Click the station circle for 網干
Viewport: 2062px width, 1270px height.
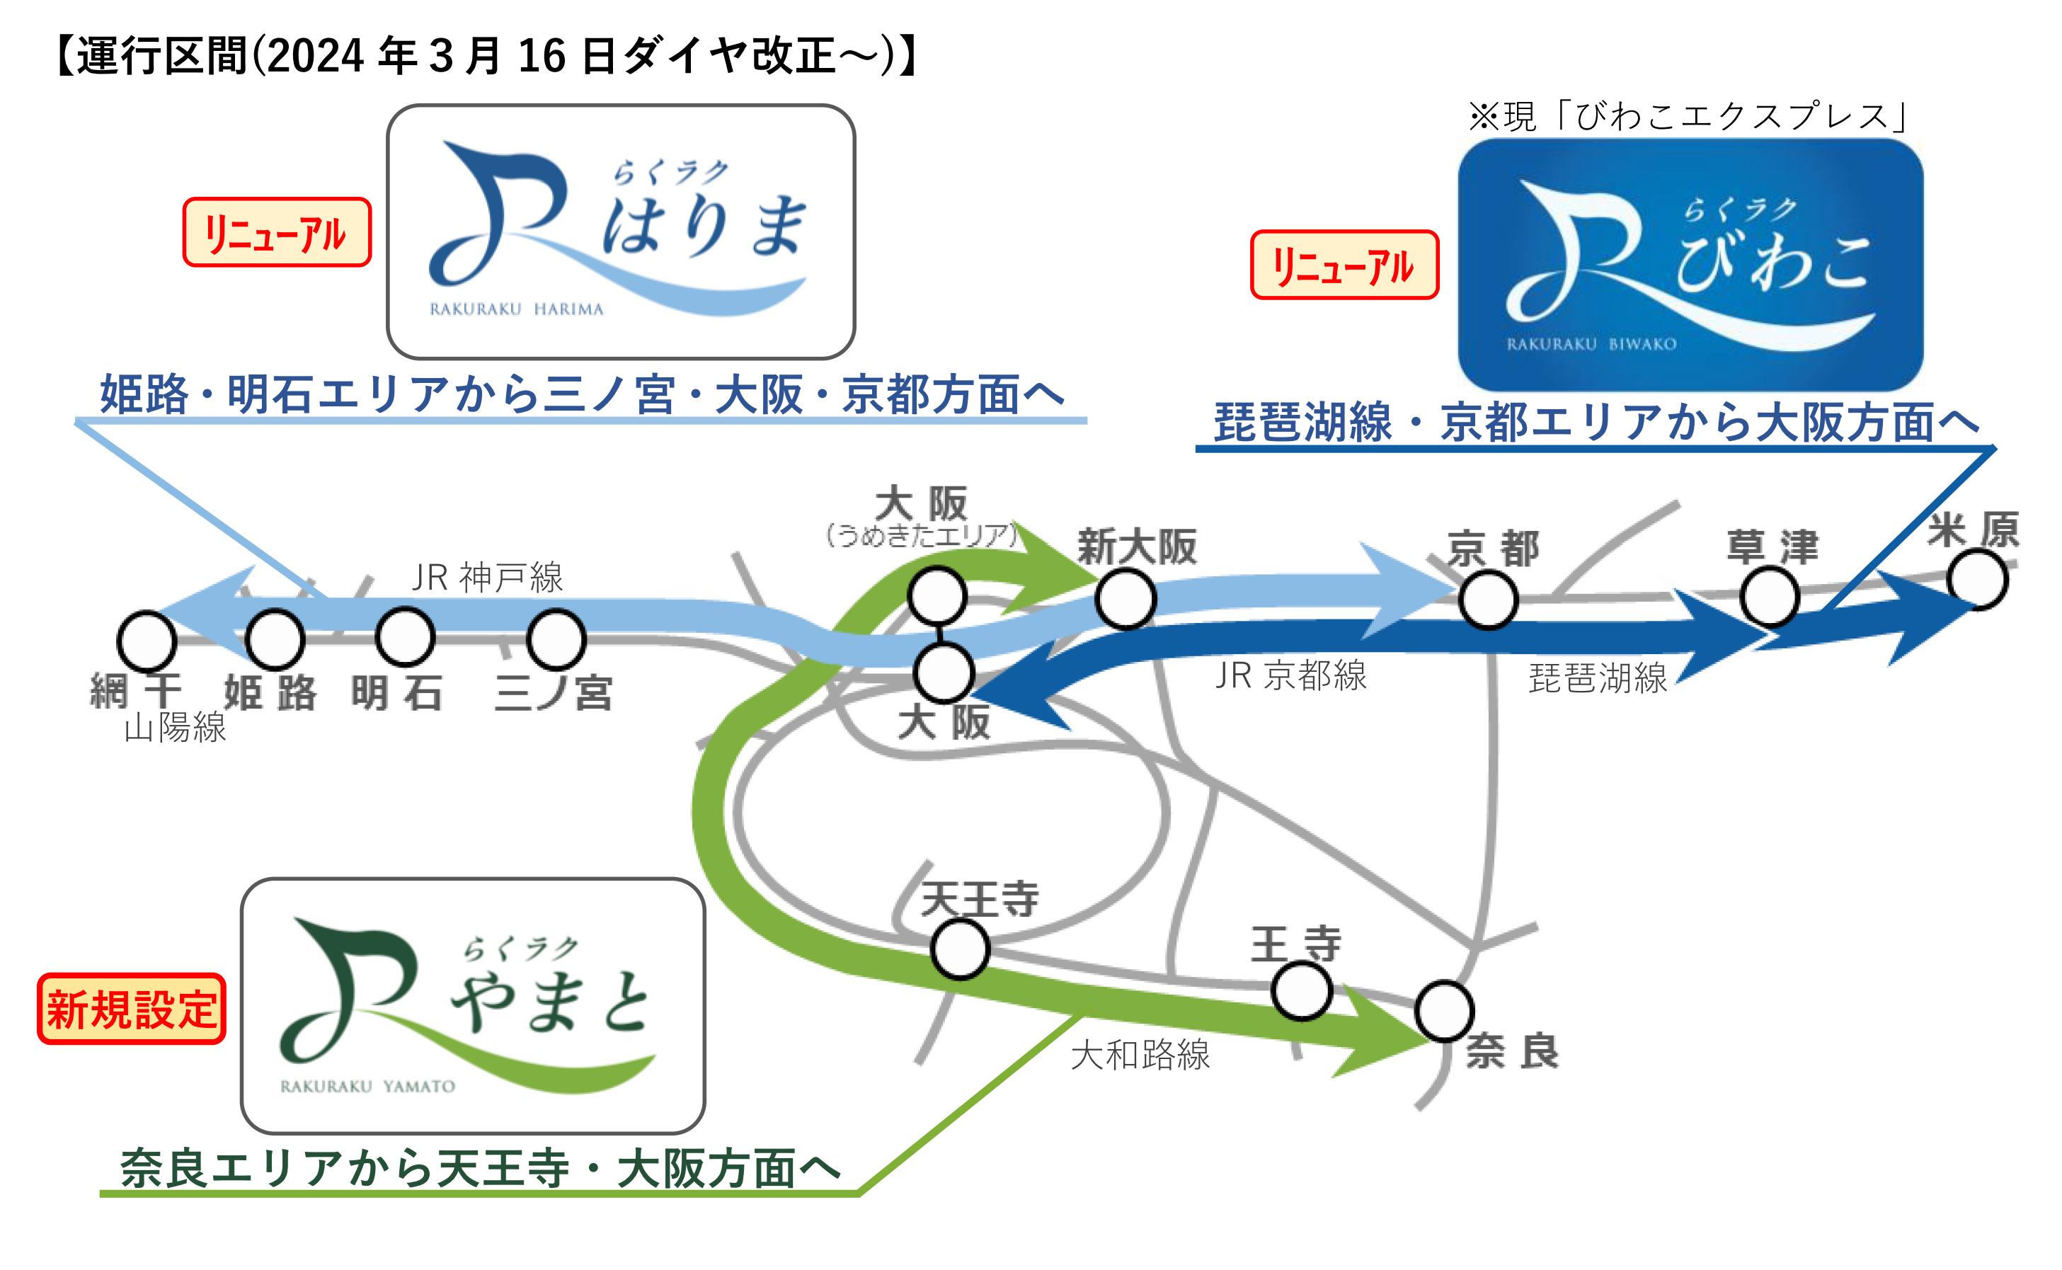[147, 640]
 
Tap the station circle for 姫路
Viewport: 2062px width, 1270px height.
[275, 639]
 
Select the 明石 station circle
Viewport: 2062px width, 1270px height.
[405, 636]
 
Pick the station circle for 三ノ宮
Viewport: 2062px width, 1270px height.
[555, 639]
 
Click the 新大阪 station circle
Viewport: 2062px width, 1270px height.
[1125, 599]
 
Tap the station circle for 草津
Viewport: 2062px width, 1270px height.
[1770, 596]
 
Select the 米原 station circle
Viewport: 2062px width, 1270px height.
[1978, 580]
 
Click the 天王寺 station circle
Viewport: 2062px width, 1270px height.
[960, 949]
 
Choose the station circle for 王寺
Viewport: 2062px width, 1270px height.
[1301, 991]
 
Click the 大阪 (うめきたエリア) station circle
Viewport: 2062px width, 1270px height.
[937, 595]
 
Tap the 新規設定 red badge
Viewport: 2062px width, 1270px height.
[132, 1009]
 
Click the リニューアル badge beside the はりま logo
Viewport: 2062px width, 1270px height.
[276, 233]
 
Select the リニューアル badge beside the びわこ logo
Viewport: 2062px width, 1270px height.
[1344, 265]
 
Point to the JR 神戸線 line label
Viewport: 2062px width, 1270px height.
[487, 578]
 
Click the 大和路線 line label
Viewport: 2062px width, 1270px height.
[1140, 1055]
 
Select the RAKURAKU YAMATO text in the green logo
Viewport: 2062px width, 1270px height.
[367, 1087]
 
